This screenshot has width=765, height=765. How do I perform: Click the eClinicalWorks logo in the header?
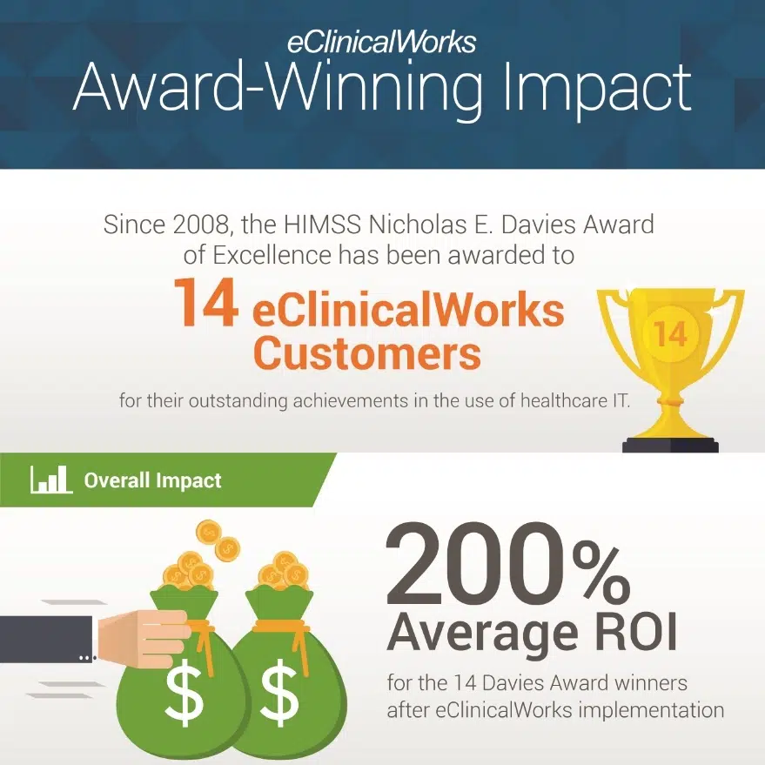coord(381,43)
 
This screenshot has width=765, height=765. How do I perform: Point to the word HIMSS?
coord(322,225)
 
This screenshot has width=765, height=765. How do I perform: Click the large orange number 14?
coord(206,303)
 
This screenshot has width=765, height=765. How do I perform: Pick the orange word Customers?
coord(367,353)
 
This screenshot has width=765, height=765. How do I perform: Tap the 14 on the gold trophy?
coord(670,334)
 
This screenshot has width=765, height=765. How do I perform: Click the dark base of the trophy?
coord(670,445)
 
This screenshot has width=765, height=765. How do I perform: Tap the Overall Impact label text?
coord(152,480)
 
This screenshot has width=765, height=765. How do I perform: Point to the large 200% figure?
coord(508,568)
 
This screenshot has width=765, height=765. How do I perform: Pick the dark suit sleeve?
coord(47,639)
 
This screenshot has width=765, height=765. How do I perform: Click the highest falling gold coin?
coord(209,533)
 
